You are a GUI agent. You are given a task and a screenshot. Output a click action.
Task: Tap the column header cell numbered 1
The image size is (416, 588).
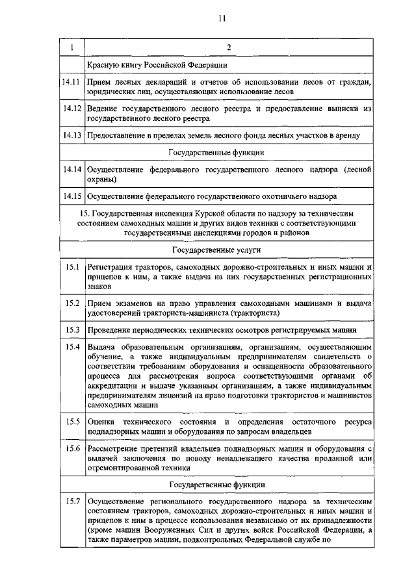point(71,47)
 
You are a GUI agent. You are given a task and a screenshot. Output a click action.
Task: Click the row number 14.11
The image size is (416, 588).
point(71,83)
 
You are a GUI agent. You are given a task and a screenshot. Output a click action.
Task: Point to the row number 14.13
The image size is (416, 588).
point(71,135)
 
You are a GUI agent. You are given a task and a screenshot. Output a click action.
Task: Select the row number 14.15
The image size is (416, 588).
point(71,195)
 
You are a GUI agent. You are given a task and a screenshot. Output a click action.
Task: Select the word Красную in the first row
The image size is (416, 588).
point(105,65)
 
